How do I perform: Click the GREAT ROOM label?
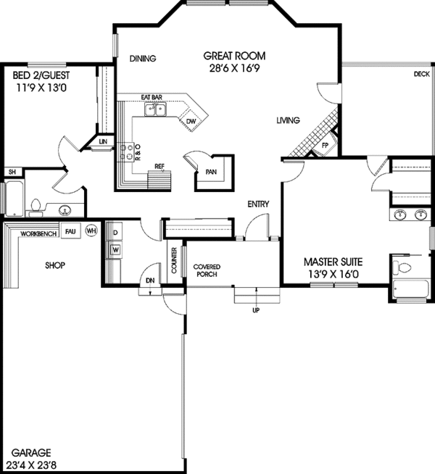[x=233, y=56]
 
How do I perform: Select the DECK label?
[x=421, y=74]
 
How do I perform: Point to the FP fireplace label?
[x=325, y=144]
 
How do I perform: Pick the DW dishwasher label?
[x=191, y=121]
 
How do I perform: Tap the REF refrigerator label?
[x=159, y=166]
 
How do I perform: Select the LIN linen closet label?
[x=103, y=142]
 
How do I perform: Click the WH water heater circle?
[x=91, y=230]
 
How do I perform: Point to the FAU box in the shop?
[x=70, y=230]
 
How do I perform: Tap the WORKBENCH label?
[x=38, y=234]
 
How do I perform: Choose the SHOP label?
[x=54, y=265]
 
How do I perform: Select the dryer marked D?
[x=115, y=233]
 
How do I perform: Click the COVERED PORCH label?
[x=207, y=271]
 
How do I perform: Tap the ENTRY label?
[x=257, y=204]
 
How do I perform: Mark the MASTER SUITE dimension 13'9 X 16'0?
[x=333, y=274]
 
